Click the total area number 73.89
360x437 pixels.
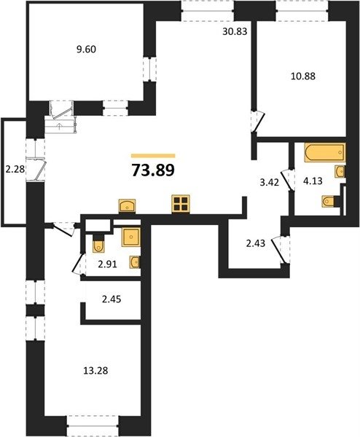coord(153,170)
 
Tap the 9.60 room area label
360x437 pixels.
coord(86,50)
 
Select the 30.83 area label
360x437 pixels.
coord(235,31)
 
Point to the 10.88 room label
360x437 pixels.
coord(303,76)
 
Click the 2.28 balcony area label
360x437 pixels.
coord(15,169)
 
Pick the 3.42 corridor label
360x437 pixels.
coord(269,183)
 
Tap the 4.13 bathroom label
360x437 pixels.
coord(313,181)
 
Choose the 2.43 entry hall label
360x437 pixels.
coord(256,243)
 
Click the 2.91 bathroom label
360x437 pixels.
coord(107,264)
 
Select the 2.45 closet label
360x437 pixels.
coord(111,299)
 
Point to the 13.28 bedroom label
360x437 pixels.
coord(95,371)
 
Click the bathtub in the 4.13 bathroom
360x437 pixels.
coord(325,152)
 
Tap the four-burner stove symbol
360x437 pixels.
coord(181,204)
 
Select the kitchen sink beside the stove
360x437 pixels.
coord(127,206)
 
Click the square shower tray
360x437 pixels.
coord(131,237)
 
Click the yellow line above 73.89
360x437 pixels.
coord(153,156)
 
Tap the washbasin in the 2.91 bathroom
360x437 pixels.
coord(135,262)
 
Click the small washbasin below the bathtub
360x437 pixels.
coord(340,172)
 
